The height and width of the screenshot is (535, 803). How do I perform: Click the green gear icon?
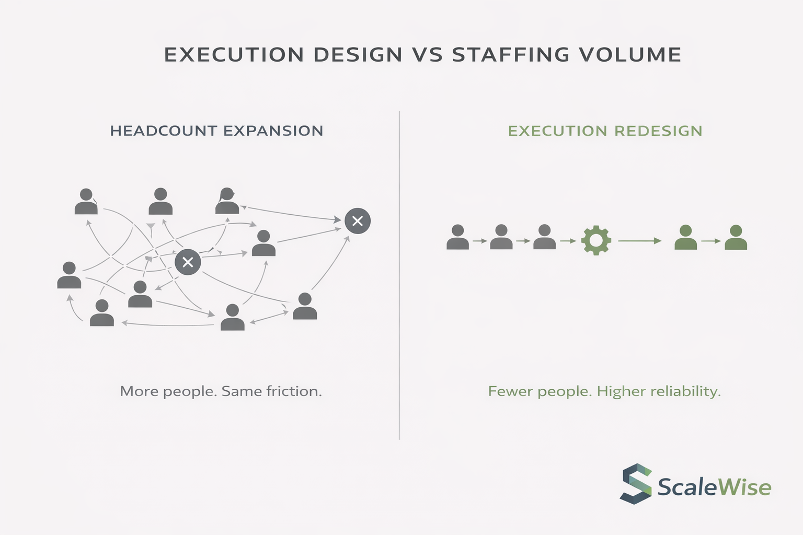(596, 240)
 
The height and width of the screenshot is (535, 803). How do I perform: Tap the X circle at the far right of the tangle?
(358, 220)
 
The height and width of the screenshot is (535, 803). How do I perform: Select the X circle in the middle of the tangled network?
(188, 262)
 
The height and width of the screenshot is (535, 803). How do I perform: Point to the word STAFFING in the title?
(511, 54)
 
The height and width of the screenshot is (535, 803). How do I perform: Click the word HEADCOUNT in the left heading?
(164, 131)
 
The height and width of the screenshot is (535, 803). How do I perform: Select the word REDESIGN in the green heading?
(658, 131)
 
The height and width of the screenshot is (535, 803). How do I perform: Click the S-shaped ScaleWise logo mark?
(636, 484)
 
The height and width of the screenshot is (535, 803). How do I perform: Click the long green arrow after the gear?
(639, 241)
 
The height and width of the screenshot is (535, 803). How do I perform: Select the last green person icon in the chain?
(736, 237)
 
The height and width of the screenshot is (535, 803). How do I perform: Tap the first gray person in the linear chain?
(458, 237)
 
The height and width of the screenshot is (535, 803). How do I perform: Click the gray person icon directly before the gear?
(545, 237)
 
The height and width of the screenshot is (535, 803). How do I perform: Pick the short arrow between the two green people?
(711, 241)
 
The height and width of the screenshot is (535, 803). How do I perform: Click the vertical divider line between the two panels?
(399, 275)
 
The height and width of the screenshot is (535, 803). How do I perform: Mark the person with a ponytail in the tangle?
(227, 201)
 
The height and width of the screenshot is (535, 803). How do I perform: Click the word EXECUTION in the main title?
(234, 54)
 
